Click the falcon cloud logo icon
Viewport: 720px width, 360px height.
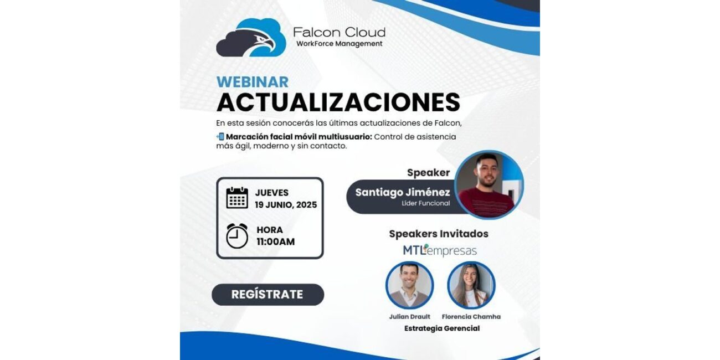[x=251, y=38]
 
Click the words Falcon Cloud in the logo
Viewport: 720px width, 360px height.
[x=339, y=32]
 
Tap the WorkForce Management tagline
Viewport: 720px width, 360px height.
[x=340, y=44]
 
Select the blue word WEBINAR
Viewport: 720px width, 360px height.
[x=253, y=82]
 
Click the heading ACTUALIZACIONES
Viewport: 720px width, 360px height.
[x=338, y=102]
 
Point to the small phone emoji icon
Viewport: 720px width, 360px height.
[x=220, y=137]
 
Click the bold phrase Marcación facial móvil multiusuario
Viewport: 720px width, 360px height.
[x=299, y=137]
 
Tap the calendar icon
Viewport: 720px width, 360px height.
[x=237, y=198]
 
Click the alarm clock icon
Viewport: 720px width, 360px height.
[x=237, y=236]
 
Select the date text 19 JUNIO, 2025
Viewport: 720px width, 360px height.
[x=286, y=205]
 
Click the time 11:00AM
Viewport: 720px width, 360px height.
[x=275, y=241]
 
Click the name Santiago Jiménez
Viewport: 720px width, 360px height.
[x=403, y=192]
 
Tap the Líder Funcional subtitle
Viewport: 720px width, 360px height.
[x=425, y=203]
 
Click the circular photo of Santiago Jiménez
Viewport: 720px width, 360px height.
[x=489, y=185]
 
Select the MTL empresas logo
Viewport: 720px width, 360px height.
[x=440, y=250]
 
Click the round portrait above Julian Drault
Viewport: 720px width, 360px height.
[x=409, y=285]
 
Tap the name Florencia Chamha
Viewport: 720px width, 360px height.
[x=471, y=317]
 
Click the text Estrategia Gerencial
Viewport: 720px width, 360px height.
[x=442, y=328]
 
